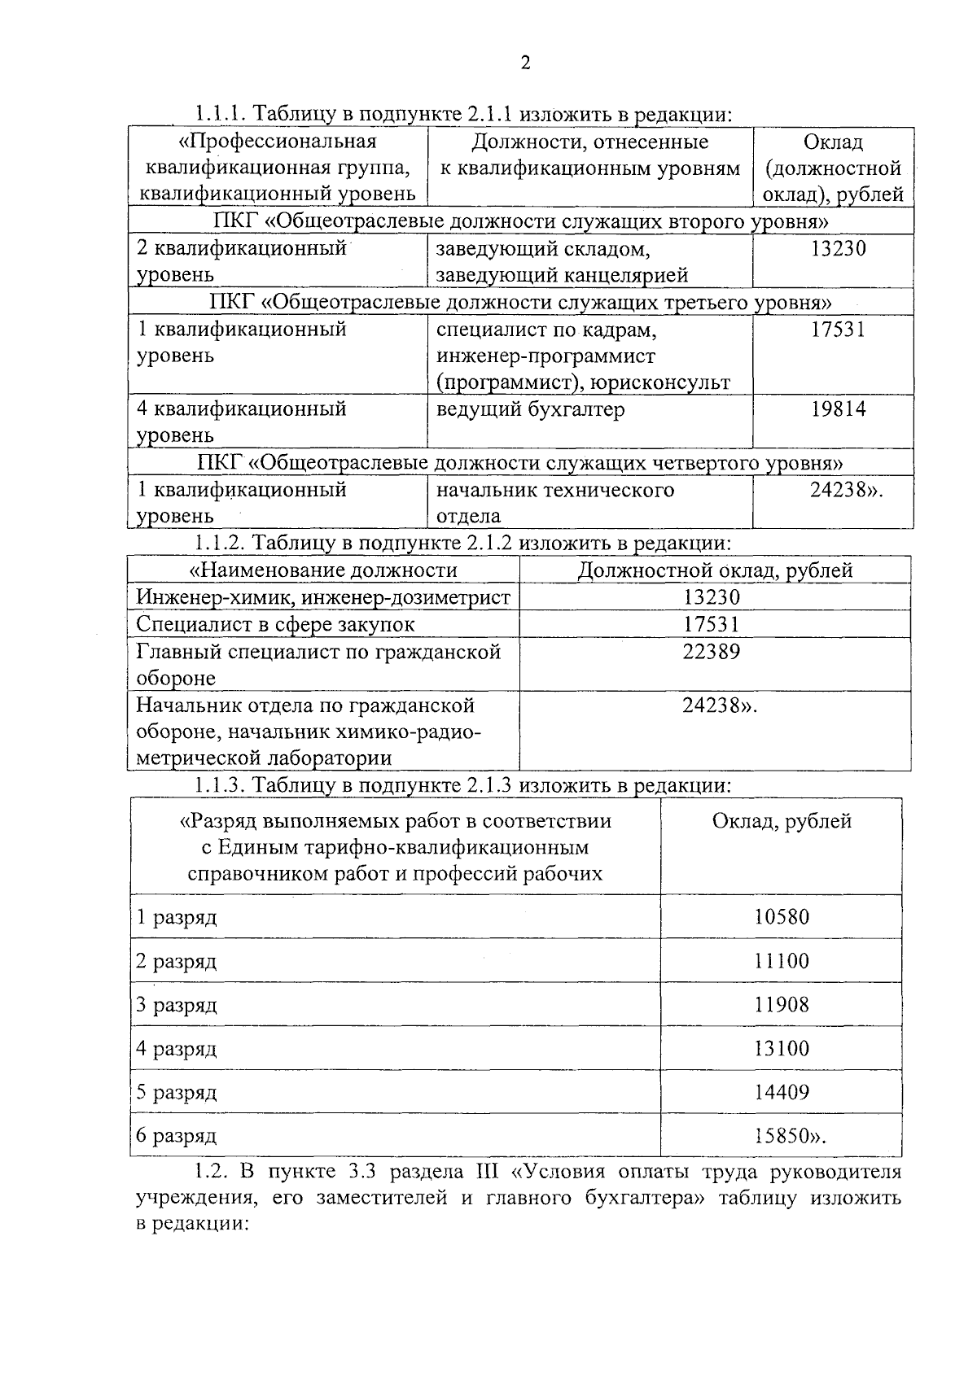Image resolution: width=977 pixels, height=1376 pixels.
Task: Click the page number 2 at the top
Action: [525, 64]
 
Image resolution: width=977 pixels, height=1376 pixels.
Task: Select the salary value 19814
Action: [838, 409]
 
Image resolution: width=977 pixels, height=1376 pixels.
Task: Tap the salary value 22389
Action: [712, 652]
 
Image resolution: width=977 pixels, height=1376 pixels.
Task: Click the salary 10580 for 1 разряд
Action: [782, 917]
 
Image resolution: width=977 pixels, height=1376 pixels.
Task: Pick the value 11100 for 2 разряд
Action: [782, 961]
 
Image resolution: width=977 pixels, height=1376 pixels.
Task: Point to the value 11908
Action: [782, 1005]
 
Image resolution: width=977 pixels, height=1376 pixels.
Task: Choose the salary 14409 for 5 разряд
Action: [782, 1092]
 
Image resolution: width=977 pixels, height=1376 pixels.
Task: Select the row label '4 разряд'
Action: [177, 1049]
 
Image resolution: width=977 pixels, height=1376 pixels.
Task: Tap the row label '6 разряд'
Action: [177, 1136]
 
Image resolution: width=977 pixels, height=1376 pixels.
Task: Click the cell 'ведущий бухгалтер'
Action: [531, 409]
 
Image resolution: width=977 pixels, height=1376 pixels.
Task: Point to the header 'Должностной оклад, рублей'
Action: [715, 570]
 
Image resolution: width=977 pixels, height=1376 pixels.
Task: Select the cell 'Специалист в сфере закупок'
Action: [275, 625]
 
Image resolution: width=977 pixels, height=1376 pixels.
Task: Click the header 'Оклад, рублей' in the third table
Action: [782, 822]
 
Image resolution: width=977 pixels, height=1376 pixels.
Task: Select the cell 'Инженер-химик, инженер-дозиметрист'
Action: [323, 598]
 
